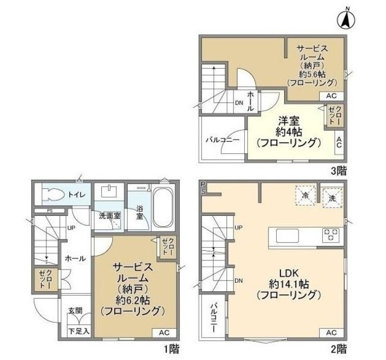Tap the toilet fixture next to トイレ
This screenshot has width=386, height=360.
51,194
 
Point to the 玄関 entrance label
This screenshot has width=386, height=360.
75,311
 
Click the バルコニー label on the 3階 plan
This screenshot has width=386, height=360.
222,140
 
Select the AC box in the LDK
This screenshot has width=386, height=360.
331,332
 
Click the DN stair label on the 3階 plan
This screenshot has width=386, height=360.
239,102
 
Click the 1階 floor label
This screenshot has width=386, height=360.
170,349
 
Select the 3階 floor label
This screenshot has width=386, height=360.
338,171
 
